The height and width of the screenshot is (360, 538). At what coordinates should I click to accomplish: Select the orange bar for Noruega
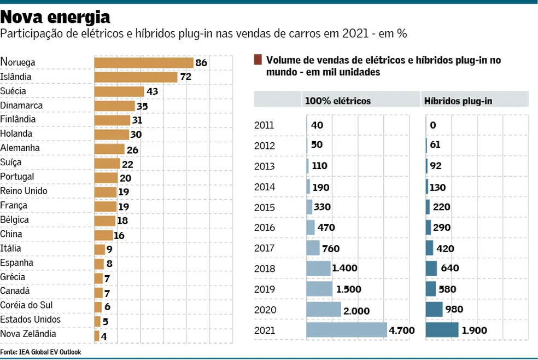144,63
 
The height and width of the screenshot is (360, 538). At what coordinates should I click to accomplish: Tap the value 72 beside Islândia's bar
185,77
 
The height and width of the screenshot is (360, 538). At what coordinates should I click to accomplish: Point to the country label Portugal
17,177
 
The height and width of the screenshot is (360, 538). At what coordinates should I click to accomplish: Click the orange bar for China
103,235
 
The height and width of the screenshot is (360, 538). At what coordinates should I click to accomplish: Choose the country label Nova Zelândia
28,334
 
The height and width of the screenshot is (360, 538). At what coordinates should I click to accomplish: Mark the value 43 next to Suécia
152,91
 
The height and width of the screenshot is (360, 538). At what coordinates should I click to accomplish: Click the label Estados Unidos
30,320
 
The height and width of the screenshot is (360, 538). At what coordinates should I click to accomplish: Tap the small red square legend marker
258,60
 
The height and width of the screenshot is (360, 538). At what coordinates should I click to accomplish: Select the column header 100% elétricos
338,101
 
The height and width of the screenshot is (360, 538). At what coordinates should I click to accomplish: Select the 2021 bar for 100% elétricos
346,330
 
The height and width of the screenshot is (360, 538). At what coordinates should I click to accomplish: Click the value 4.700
402,330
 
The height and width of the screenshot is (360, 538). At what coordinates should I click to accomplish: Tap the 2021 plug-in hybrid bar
442,330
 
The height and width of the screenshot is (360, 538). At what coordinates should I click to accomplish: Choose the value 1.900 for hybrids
474,330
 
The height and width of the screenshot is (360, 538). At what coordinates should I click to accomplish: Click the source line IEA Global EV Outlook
40,352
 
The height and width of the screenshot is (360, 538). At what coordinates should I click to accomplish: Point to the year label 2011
264,125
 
